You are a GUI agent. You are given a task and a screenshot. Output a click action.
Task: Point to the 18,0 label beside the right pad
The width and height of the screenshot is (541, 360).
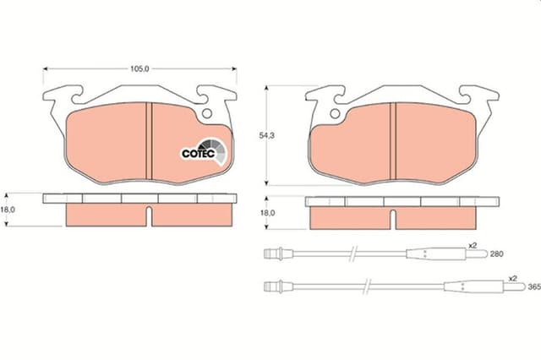[x=269, y=213]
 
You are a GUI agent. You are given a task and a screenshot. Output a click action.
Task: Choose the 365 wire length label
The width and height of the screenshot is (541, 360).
[x=533, y=287]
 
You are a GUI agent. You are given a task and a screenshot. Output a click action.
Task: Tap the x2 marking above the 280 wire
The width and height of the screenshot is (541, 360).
[x=473, y=245]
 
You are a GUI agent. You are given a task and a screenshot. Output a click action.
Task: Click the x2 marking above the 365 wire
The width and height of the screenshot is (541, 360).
[x=512, y=278]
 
